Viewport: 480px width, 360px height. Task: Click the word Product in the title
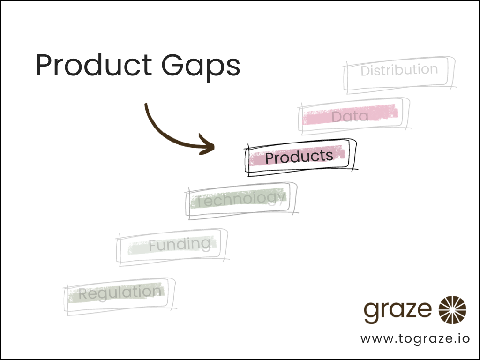pos(94,66)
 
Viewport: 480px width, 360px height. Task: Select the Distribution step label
pos(399,70)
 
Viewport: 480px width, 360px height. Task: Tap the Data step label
pos(350,116)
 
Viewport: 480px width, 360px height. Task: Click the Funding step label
pos(180,244)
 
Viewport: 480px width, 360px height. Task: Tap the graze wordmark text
pos(398,309)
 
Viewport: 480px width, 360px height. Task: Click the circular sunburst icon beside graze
pos(452,310)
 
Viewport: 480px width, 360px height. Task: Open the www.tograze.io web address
pos(414,338)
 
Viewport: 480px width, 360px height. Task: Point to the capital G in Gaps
pos(173,66)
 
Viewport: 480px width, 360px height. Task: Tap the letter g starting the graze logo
pos(371,312)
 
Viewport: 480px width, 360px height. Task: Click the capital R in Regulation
pos(83,294)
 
